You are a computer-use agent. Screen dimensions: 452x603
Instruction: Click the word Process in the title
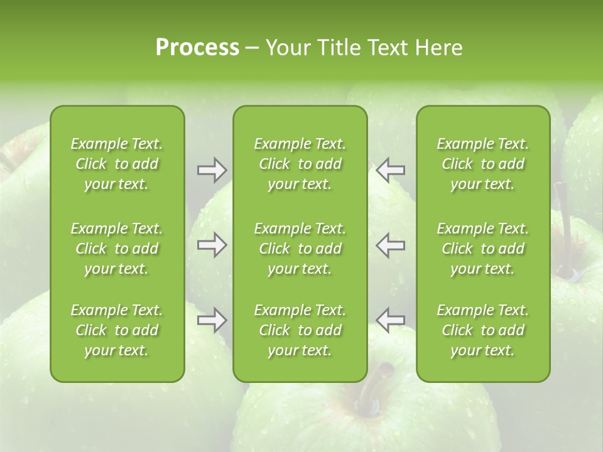pos(197,48)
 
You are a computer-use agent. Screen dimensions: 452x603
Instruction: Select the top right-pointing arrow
pos(212,170)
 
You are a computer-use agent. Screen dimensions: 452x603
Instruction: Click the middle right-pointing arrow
pos(212,245)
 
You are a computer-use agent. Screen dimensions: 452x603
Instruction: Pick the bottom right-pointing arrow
pos(212,320)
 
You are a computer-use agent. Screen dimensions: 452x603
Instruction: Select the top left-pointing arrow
pos(391,170)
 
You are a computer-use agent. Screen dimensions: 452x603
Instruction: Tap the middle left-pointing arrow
pos(391,245)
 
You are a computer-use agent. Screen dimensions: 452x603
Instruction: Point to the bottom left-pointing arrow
pos(391,320)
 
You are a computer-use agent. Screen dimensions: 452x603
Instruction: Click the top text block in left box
pos(117,164)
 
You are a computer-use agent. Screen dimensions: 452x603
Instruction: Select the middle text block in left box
pos(117,249)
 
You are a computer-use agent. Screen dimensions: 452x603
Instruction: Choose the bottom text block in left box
pos(117,330)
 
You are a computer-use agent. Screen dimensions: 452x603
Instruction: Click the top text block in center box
pos(300,164)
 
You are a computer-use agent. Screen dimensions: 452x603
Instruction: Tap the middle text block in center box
pos(300,249)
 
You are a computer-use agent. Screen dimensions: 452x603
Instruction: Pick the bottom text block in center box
pos(300,330)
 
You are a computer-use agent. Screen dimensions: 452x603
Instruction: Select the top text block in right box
pos(483,164)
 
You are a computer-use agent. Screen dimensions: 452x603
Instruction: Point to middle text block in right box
pos(483,249)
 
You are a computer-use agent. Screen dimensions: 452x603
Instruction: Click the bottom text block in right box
pos(483,330)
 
